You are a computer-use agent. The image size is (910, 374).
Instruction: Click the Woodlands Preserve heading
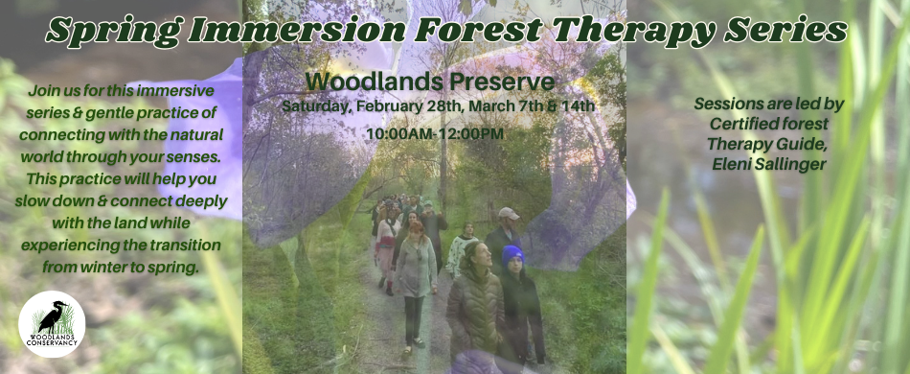coord(429,82)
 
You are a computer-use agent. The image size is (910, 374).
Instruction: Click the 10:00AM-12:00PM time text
coord(435,133)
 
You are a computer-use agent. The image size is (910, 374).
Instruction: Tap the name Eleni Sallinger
coord(769,165)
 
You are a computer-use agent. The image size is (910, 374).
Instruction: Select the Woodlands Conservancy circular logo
coord(52,324)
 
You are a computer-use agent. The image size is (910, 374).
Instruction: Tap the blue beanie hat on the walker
coord(512,254)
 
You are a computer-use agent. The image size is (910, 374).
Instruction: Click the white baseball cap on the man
coord(508,213)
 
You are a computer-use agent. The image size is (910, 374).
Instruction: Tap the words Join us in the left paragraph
coord(50,91)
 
